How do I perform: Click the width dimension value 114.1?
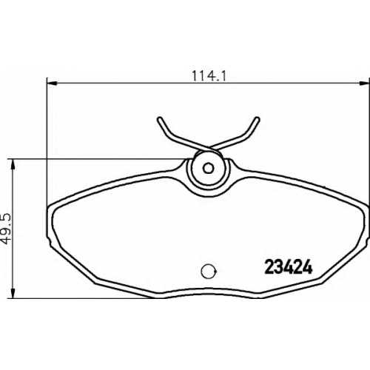[209, 75]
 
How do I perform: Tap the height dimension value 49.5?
[7, 229]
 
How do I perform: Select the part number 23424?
[289, 267]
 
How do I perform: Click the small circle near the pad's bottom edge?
[209, 272]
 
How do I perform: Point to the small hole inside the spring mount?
[208, 168]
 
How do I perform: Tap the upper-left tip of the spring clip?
[160, 119]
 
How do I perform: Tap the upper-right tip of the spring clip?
[258, 119]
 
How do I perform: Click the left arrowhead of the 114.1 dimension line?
[52, 83]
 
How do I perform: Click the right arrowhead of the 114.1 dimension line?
[365, 83]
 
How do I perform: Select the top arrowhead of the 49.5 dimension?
[13, 164]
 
